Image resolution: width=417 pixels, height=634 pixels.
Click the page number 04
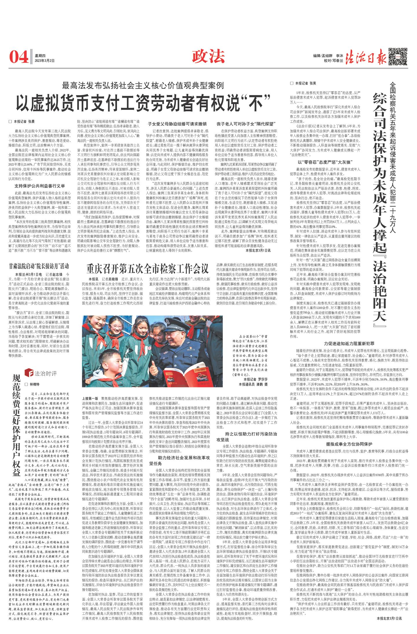pyautogui.click(x=19, y=57)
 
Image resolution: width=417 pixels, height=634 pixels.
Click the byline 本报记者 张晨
pyautogui.click(x=25, y=121)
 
